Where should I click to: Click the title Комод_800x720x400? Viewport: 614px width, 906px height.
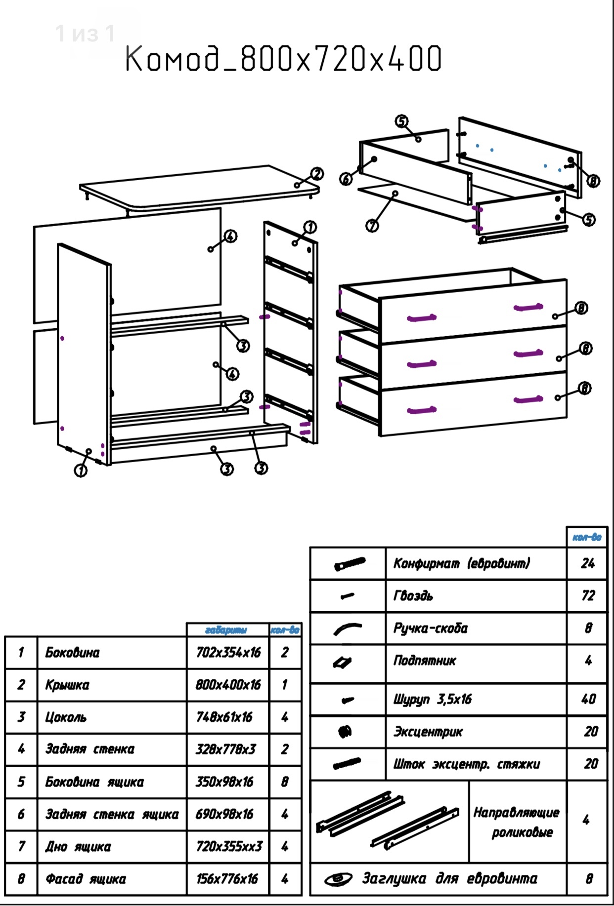coord(283,59)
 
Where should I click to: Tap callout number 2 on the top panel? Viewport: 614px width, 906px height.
coord(317,174)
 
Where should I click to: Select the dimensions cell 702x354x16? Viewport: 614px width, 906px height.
coord(228,652)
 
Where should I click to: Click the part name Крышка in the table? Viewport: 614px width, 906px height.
coord(67,685)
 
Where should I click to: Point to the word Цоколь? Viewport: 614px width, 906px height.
coord(66,717)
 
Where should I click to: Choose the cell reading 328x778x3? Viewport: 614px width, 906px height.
coord(226,749)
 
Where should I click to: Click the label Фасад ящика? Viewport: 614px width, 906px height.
coord(86,879)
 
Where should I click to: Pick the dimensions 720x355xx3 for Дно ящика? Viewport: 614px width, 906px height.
coord(229,846)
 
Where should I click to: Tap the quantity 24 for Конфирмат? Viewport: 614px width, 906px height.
coord(587,563)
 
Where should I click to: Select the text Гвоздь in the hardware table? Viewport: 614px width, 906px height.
coord(413,595)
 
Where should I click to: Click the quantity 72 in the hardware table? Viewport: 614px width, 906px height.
coord(587,595)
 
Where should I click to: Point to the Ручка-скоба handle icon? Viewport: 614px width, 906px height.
coord(347,629)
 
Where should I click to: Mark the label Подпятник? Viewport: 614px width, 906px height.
coord(425,661)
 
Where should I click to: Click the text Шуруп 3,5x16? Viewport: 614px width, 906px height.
coord(433,699)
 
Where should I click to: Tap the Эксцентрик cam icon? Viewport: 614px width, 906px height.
coord(345,731)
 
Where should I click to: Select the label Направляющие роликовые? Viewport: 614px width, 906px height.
coord(517,822)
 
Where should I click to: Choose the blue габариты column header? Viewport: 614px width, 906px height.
coord(226,630)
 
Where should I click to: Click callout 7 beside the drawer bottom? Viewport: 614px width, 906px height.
coord(372,226)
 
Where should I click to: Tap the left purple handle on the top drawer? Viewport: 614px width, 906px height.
coord(421,317)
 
